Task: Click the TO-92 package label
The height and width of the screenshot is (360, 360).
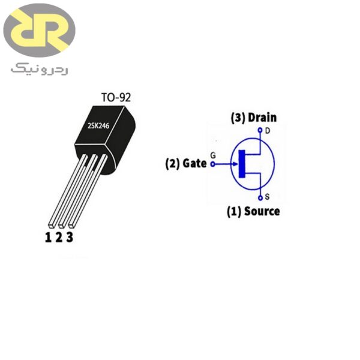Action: click(115, 97)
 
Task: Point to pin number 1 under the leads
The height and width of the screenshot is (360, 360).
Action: click(48, 238)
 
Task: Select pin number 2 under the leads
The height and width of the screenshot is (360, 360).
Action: click(59, 238)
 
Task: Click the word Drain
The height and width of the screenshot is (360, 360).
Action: click(262, 118)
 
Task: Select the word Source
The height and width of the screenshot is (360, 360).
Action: click(262, 211)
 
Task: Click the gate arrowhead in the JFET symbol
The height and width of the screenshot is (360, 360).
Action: click(235, 163)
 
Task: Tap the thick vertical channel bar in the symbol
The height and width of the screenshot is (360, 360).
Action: click(242, 163)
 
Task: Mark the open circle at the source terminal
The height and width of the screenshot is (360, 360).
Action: click(260, 197)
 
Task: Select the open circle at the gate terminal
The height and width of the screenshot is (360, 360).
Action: click(213, 163)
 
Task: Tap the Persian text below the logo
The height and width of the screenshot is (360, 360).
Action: click(39, 70)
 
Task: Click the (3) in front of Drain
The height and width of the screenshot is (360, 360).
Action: click(238, 118)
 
